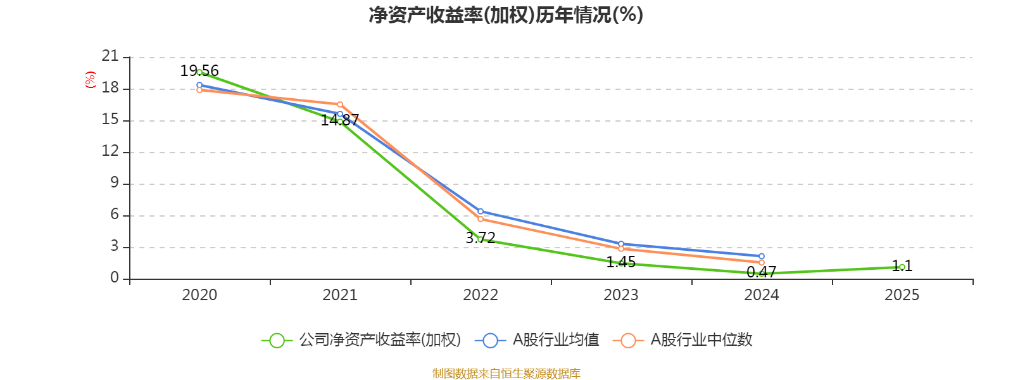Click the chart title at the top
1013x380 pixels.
click(x=506, y=15)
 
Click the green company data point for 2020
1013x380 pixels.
click(x=199, y=72)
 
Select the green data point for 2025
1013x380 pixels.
click(x=902, y=267)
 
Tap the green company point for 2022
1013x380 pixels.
click(x=481, y=239)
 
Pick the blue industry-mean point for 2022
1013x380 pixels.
click(x=481, y=212)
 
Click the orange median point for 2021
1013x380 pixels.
click(x=340, y=104)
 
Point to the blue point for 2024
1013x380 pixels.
click(x=762, y=256)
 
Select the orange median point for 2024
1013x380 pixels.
click(x=762, y=262)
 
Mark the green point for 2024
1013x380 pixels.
click(x=762, y=274)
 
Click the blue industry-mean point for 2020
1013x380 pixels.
click(x=199, y=85)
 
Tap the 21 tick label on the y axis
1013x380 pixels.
click(x=110, y=56)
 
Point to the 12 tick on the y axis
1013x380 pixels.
click(x=110, y=151)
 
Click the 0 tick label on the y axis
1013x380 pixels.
click(x=115, y=277)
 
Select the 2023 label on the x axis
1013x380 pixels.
click(x=621, y=295)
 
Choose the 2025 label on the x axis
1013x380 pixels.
click(x=902, y=295)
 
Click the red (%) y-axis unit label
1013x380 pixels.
click(x=91, y=80)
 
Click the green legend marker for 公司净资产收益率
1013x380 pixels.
click(x=277, y=340)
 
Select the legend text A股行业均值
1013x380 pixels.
click(x=555, y=340)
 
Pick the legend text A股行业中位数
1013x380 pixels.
click(x=702, y=340)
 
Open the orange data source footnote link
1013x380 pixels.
click(x=506, y=374)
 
